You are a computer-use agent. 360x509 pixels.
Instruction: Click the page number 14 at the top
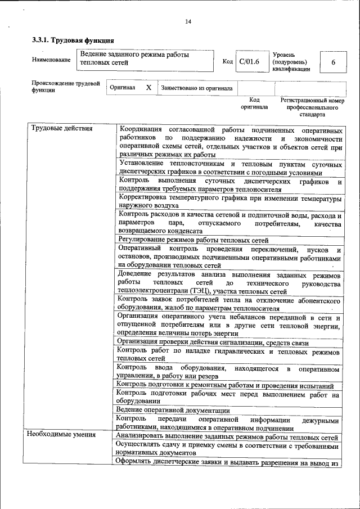188,22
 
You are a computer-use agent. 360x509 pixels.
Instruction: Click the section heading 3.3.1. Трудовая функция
73,40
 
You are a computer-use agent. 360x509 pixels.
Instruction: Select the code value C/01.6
249,62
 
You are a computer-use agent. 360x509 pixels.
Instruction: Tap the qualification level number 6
333,62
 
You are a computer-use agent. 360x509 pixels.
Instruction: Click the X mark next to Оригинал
148,88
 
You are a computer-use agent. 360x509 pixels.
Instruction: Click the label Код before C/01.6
228,62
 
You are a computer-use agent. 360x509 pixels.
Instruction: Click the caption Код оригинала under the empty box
254,103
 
